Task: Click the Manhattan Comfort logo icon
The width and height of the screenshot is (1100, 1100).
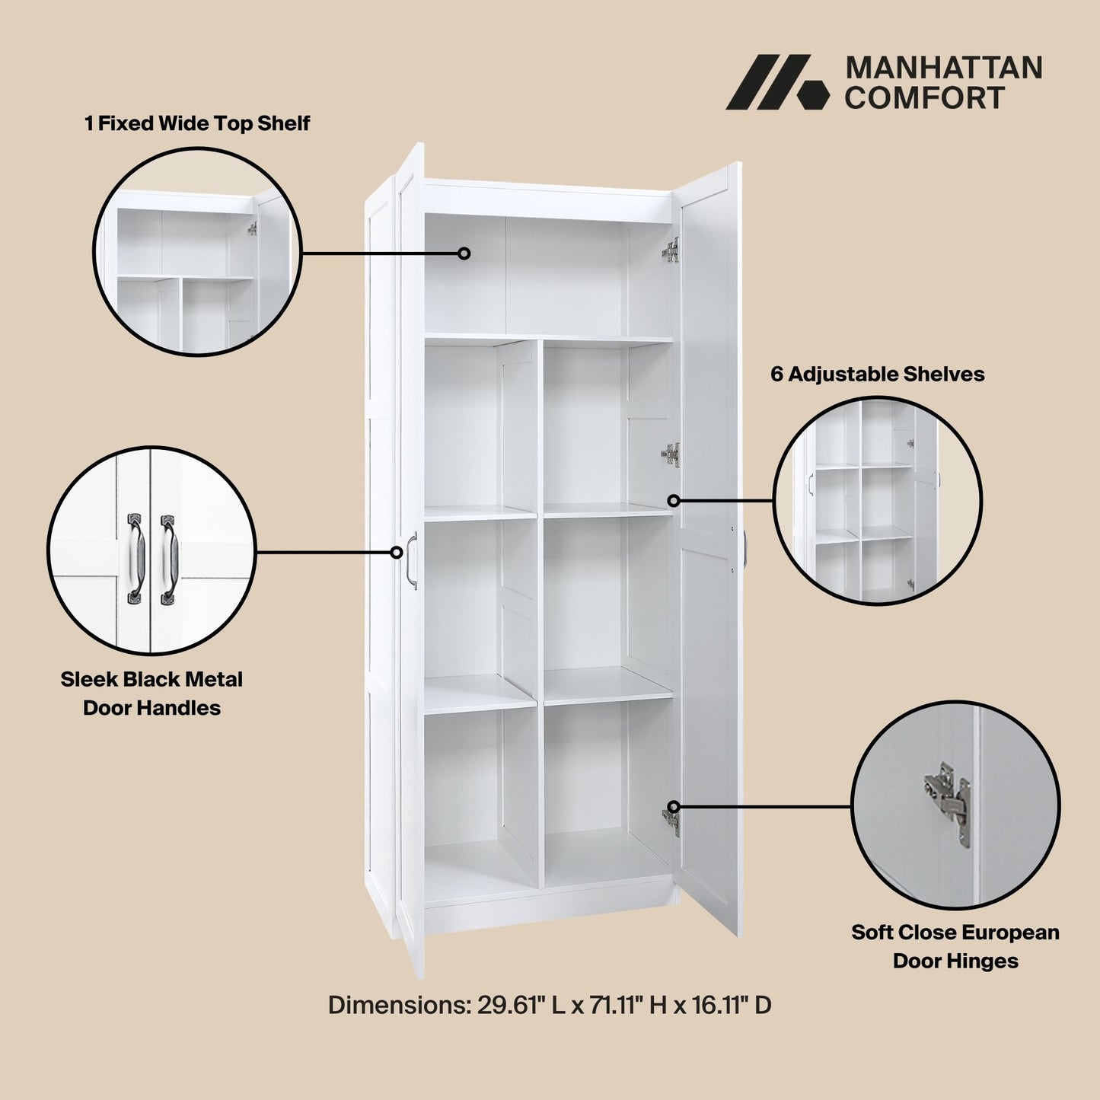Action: coord(776,82)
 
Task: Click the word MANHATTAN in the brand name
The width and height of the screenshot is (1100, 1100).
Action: coord(944,68)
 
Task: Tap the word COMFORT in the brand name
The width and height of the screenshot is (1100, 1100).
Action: coord(924,98)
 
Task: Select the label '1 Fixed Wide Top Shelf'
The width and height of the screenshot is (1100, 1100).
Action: coord(197,123)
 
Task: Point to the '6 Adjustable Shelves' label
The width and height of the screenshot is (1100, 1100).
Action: coord(877,374)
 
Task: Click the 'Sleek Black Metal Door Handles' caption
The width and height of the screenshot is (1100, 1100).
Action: coord(151,693)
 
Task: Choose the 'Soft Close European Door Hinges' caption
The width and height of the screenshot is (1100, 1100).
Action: coord(955,946)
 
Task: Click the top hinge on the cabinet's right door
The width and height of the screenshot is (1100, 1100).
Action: coord(671,250)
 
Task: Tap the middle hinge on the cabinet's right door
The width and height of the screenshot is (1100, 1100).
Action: coord(670,454)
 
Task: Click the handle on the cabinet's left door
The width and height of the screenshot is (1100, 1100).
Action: coord(412,560)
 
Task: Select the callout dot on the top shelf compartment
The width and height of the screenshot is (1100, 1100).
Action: coord(464,253)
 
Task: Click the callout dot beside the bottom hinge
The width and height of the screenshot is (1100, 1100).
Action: coord(674,807)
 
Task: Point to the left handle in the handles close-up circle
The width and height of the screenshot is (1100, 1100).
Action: coord(135,559)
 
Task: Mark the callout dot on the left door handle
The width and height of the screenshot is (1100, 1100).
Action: coord(396,552)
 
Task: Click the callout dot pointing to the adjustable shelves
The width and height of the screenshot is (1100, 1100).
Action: coord(674,500)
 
